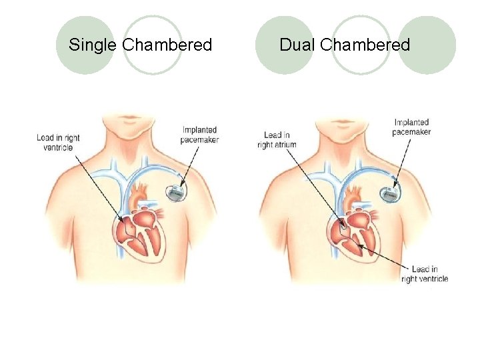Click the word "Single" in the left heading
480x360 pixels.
tap(93, 45)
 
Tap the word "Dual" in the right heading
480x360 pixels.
tap(297, 45)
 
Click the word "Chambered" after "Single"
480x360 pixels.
tap(167, 45)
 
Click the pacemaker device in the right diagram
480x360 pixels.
tap(390, 193)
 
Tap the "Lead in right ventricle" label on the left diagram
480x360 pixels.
tap(58, 143)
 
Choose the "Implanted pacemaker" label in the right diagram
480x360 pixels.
tap(411, 127)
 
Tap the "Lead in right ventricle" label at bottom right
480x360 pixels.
tap(425, 274)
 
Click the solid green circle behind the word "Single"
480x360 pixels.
tap(84, 45)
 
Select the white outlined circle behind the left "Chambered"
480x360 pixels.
tap(153, 45)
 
